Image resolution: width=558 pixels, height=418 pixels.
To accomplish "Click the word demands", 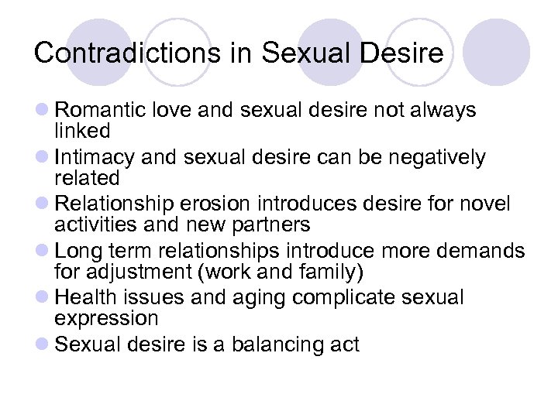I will tap(478, 251).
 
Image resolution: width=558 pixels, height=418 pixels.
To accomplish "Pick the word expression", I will tap(106, 318).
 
